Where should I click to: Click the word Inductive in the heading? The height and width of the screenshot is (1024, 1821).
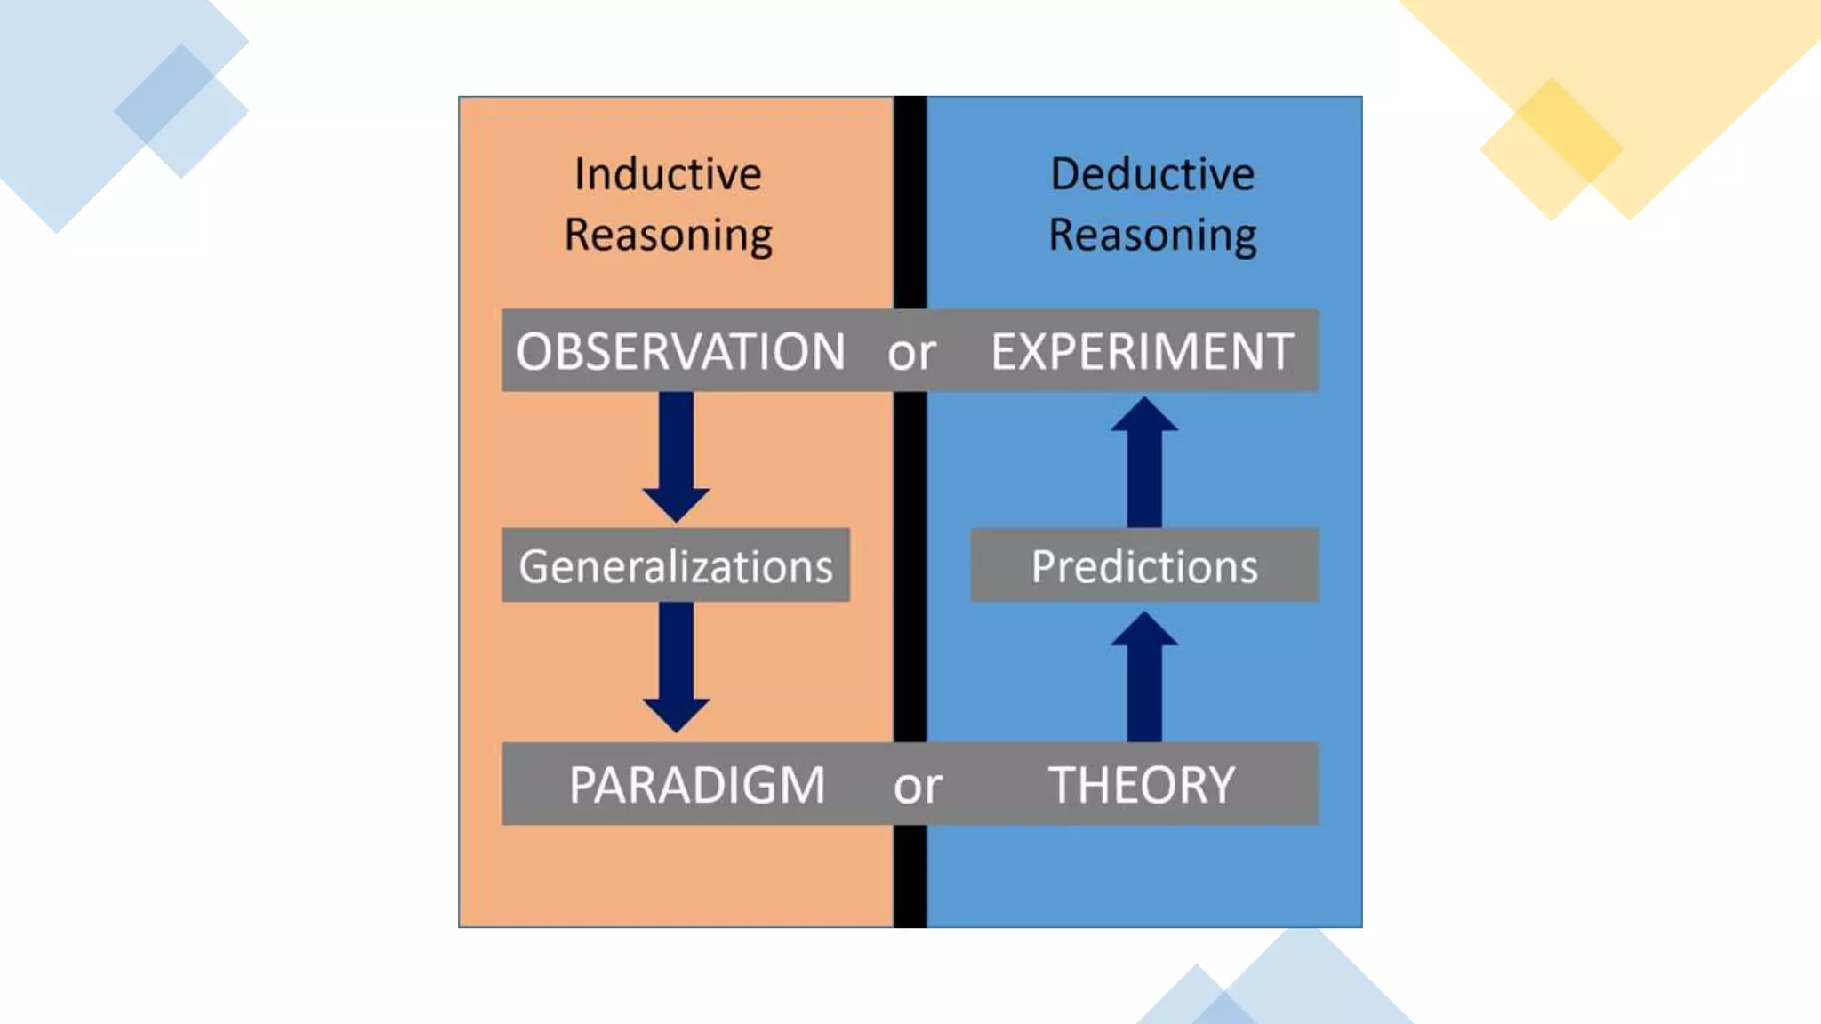(668, 173)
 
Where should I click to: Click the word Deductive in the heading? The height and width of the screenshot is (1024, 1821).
(1152, 173)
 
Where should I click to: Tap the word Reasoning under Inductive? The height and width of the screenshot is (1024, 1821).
(669, 236)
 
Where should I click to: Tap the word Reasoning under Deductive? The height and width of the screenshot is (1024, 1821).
(1152, 236)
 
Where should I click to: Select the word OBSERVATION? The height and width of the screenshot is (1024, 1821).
(681, 351)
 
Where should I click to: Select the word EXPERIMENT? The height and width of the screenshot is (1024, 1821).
(1143, 351)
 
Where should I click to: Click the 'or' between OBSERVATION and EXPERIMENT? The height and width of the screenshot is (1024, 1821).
(911, 354)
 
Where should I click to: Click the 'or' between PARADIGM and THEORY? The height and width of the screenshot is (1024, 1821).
(918, 787)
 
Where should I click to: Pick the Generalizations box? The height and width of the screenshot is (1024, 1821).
(676, 565)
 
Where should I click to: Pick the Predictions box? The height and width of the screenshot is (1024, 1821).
(1144, 565)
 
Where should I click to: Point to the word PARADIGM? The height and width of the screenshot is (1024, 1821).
(698, 785)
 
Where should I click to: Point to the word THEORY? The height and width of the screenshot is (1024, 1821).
(1143, 785)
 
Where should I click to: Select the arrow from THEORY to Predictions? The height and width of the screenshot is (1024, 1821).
(1144, 677)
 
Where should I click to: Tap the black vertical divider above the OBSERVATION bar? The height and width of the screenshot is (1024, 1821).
(910, 201)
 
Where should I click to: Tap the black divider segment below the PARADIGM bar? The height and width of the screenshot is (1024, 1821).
(910, 876)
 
